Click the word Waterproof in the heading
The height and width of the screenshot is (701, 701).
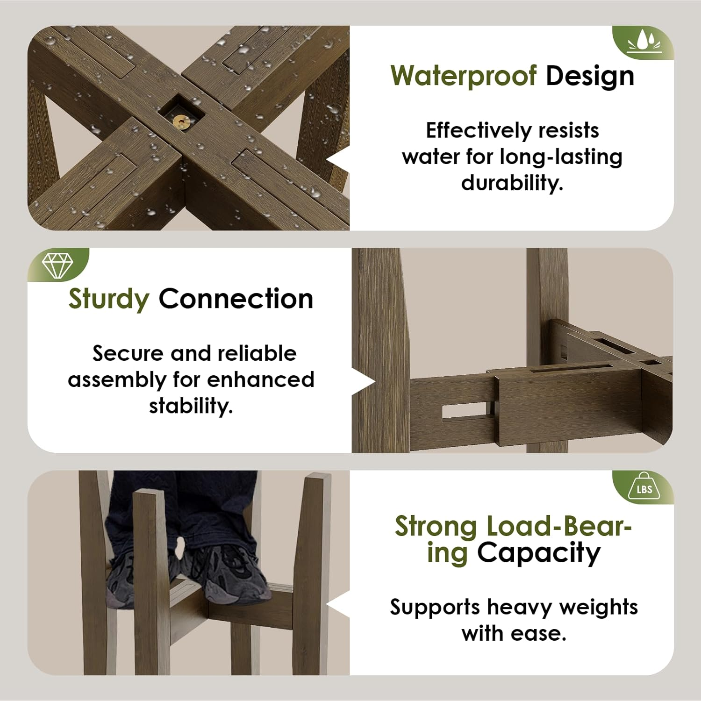coord(463,76)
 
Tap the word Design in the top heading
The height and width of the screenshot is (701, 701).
coord(590,76)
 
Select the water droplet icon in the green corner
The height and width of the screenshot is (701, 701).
coord(645,42)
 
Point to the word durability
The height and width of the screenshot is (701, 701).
coord(512,183)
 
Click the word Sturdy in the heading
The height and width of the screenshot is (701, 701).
coord(108,299)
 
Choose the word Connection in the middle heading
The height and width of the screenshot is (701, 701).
coord(236,299)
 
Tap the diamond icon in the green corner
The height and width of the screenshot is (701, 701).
coord(57,265)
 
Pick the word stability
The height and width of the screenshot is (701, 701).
coord(191,406)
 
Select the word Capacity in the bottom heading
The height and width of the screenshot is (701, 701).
coord(538,553)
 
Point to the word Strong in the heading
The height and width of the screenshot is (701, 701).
coord(435,527)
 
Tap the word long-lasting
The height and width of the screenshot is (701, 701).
coord(561,157)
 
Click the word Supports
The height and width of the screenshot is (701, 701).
coord(435,608)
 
